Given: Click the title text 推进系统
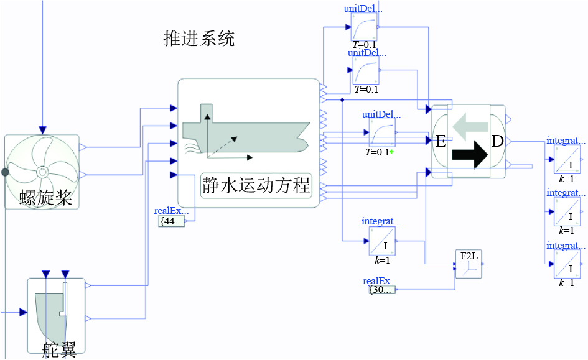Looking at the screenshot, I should pyautogui.click(x=199, y=39).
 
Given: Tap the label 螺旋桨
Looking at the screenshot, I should pyautogui.click(x=46, y=198).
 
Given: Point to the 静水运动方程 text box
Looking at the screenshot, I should pyautogui.click(x=255, y=185).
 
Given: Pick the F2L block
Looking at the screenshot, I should pyautogui.click(x=469, y=264).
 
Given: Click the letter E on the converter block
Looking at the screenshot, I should pyautogui.click(x=440, y=141).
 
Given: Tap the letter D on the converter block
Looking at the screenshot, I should pyautogui.click(x=497, y=141).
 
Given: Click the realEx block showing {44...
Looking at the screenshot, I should pyautogui.click(x=172, y=220).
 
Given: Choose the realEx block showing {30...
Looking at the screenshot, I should pyautogui.click(x=381, y=290).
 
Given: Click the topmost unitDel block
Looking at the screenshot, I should pyautogui.click(x=365, y=27).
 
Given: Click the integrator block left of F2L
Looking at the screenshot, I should pyautogui.click(x=381, y=241).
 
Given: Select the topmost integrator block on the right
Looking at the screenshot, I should pyautogui.click(x=567, y=160).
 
